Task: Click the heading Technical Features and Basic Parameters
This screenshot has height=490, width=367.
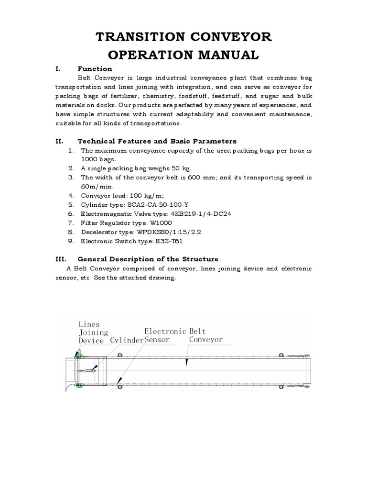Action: coord(157,141)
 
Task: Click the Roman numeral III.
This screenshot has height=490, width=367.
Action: coord(61,259)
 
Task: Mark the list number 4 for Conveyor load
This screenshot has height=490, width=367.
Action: coord(71,195)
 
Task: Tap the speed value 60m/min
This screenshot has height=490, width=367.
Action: coord(96,186)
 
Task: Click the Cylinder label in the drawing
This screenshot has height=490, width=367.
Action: coord(127,340)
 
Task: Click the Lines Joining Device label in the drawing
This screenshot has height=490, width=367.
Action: coord(93,332)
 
